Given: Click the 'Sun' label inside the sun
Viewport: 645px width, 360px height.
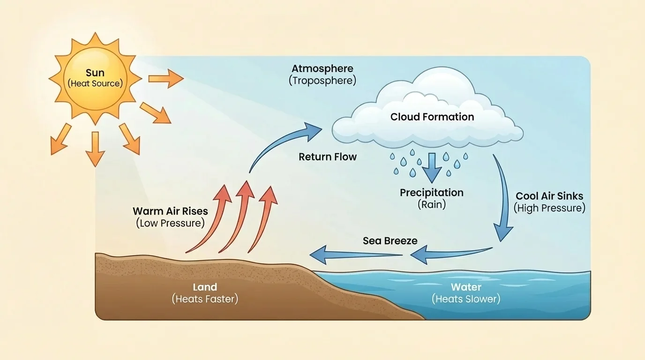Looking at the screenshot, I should [95, 73].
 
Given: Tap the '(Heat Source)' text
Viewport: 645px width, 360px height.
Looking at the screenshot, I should [95, 84].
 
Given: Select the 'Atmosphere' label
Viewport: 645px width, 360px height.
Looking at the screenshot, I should [322, 69].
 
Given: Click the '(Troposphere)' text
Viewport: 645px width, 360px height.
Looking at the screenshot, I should [322, 81].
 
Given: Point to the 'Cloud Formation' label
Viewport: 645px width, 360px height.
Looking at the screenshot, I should [432, 117].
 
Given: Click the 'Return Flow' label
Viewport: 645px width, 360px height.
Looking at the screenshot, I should [328, 157].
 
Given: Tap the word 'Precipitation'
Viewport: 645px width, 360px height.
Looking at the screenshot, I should [431, 193].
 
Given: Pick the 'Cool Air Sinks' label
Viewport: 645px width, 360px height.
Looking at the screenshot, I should [549, 196].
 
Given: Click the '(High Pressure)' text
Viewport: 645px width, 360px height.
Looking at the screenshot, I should [549, 208].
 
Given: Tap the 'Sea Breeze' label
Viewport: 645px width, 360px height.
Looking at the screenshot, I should [390, 241].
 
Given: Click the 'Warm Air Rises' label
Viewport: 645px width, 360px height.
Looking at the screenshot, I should [170, 211].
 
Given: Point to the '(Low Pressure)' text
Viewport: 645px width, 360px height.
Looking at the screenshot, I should [170, 223].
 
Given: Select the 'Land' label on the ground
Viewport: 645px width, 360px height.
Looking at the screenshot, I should [205, 287].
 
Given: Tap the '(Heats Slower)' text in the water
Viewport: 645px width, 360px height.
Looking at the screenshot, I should [466, 299].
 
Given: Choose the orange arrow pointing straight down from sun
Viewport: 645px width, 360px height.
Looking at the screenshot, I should [95, 149].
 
